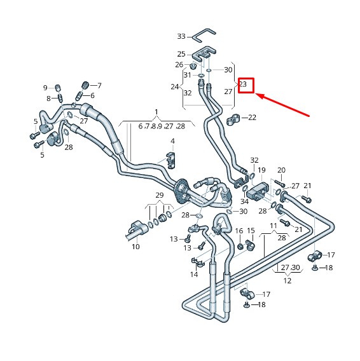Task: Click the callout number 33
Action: [181, 36]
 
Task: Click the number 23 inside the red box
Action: [243, 84]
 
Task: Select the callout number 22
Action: [252, 118]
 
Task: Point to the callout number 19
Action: [261, 170]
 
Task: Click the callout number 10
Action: [135, 247]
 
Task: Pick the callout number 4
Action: [172, 141]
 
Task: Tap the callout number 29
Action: [160, 195]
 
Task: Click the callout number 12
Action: [287, 281]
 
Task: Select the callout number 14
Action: [194, 275]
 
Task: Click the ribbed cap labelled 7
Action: [86, 85]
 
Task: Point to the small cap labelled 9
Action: [58, 88]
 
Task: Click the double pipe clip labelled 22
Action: [233, 119]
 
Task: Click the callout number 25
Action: [181, 54]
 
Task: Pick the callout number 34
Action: [244, 201]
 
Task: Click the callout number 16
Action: [239, 231]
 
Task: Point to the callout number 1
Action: [156, 112]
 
